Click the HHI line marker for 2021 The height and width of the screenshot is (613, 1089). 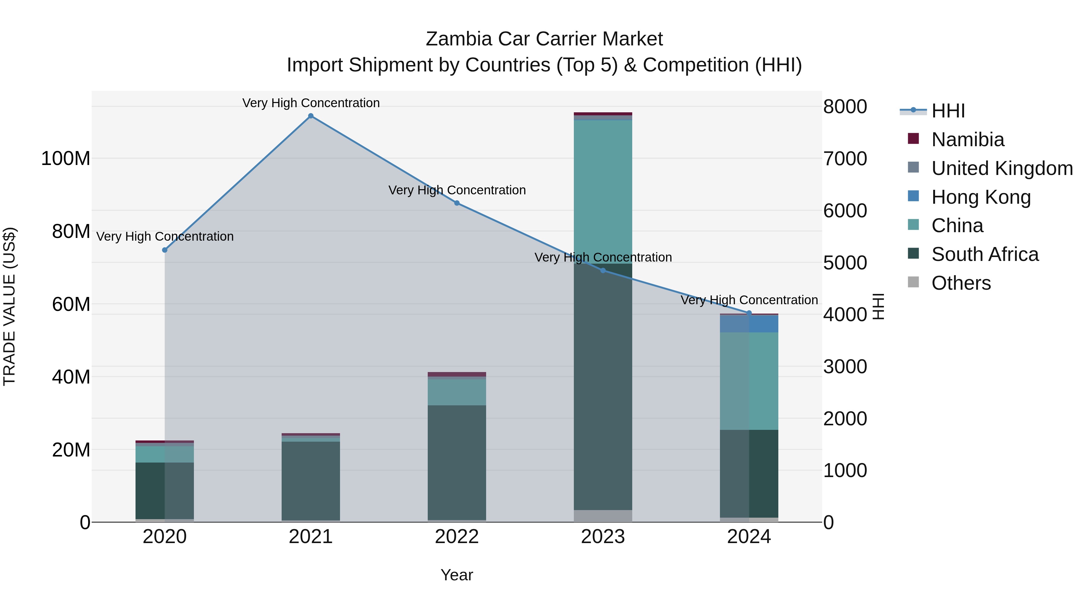tap(311, 116)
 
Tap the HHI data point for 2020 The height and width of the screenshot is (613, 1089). tap(165, 250)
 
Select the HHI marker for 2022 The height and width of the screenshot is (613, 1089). tap(457, 203)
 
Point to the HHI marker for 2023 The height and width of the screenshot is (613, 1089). tap(603, 271)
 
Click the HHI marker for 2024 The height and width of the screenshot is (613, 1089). tap(749, 313)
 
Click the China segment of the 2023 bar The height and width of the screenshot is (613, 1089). tap(603, 190)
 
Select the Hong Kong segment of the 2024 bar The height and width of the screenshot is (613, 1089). tap(749, 324)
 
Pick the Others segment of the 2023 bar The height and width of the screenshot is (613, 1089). tap(603, 516)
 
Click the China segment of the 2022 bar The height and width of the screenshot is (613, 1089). tap(457, 392)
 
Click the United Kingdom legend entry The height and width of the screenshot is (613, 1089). tap(1002, 168)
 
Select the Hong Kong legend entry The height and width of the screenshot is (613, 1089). tap(981, 197)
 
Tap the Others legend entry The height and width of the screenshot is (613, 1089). tap(961, 283)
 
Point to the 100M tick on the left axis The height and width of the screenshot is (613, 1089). tap(66, 159)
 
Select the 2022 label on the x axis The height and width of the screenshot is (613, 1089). tap(457, 537)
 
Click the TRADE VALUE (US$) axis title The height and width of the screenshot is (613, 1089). tap(9, 306)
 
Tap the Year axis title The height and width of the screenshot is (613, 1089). tap(457, 575)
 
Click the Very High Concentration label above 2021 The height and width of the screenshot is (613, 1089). tap(311, 103)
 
